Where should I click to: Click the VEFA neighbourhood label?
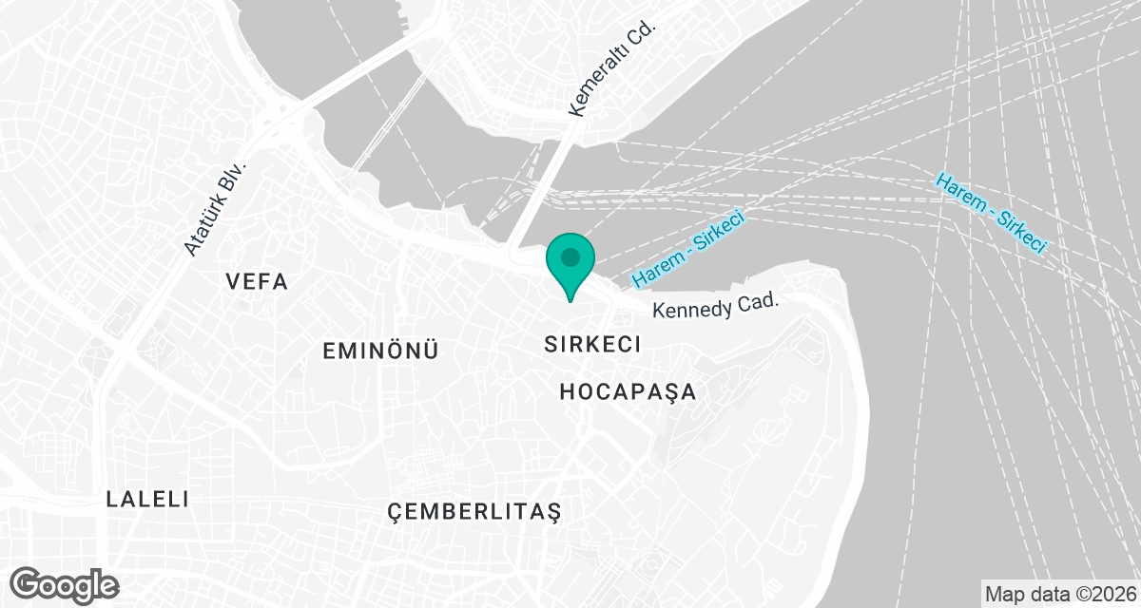click(257, 282)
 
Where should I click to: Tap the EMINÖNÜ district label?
click(380, 351)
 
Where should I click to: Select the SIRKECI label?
click(593, 344)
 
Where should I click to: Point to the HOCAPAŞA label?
click(628, 391)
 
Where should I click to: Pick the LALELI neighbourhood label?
click(148, 499)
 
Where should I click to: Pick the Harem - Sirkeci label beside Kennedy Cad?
click(686, 250)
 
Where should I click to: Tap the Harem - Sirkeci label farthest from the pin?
click(991, 213)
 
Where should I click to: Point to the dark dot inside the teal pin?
click(570, 256)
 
